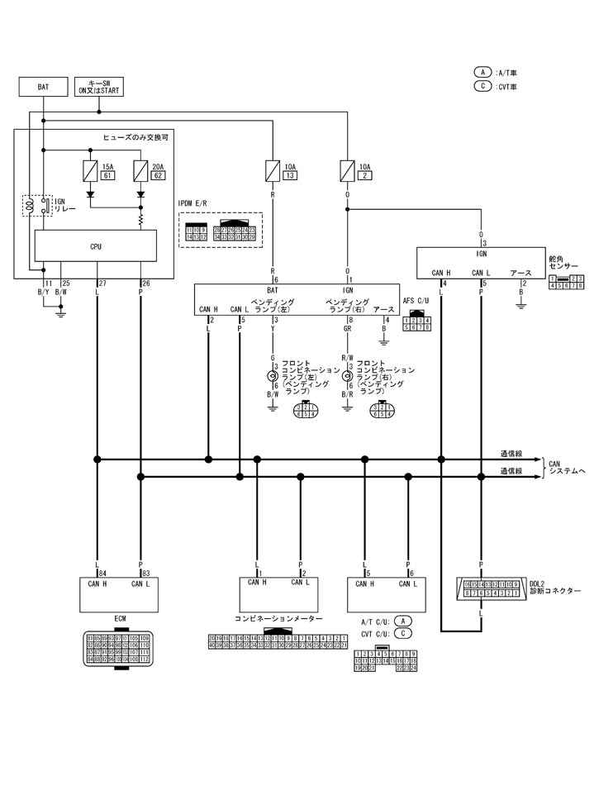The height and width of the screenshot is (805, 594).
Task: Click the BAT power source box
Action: (43, 86)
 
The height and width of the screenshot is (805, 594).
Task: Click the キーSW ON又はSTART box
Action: (97, 87)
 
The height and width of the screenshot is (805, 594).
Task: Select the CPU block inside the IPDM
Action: (96, 245)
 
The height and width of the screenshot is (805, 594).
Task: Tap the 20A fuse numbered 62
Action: (140, 171)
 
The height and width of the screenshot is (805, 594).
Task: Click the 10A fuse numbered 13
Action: (273, 171)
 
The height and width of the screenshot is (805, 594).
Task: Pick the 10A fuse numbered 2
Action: (347, 171)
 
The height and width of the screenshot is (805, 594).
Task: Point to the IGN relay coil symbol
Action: (31, 206)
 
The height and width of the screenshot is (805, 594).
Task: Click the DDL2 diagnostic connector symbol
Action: (491, 589)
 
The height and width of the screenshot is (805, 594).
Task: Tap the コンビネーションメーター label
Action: (278, 617)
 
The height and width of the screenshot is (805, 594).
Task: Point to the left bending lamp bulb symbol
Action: (272, 376)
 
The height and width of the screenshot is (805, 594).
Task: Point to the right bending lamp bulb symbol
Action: (347, 376)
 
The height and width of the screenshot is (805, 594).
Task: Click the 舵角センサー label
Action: (561, 264)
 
